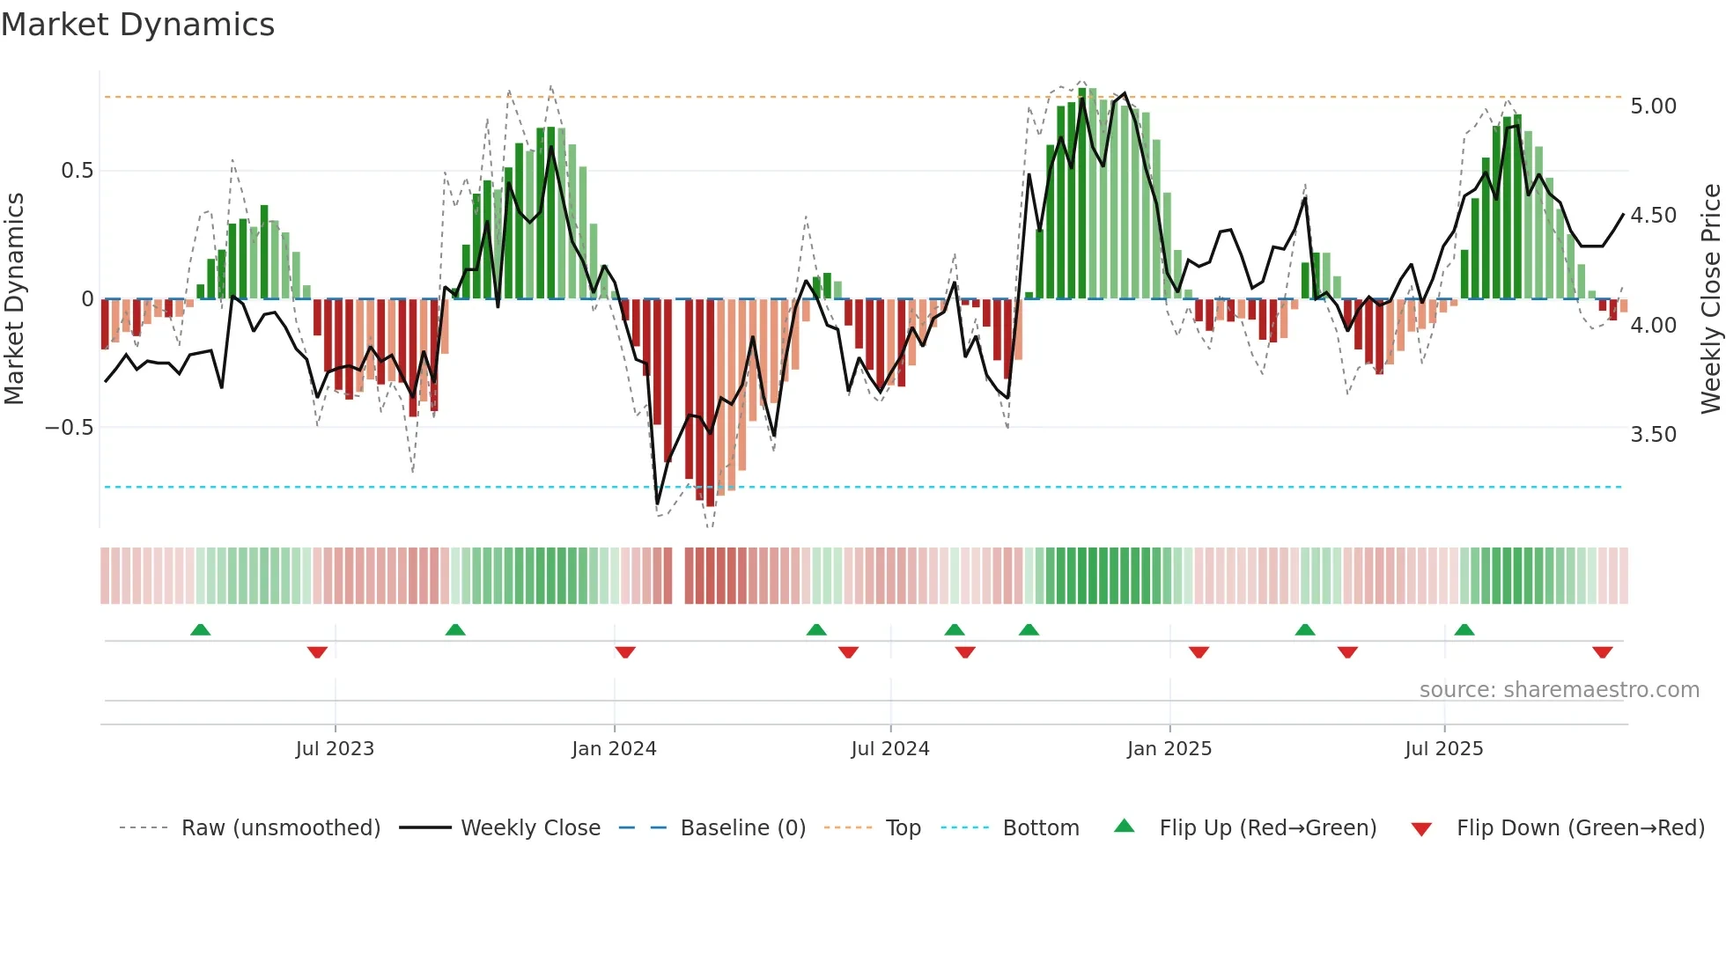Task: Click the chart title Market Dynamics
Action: tap(137, 25)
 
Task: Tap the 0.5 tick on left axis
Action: tap(77, 171)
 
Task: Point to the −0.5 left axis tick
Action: tap(70, 428)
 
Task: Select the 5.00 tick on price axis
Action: tap(1653, 107)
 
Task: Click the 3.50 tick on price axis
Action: tap(1653, 435)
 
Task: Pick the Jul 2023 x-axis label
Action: tap(335, 749)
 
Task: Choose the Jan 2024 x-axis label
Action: tap(614, 749)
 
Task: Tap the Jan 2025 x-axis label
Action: tap(1169, 749)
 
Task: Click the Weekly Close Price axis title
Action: tap(1710, 299)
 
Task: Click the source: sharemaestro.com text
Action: tap(1559, 690)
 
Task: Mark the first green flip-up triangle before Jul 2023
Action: tap(201, 630)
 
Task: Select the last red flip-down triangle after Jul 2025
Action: tap(1602, 652)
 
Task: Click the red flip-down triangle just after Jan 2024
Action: tap(625, 652)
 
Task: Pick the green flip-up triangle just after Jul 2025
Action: tap(1464, 630)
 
